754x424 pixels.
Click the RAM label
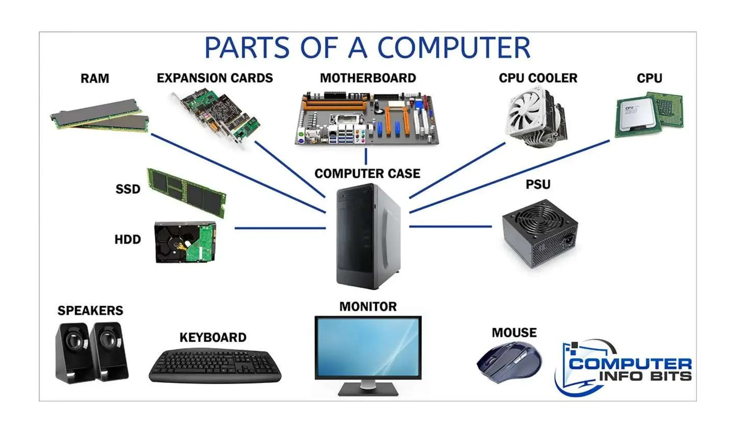click(x=95, y=78)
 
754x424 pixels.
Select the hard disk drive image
click(x=185, y=242)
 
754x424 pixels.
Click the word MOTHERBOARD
click(x=368, y=78)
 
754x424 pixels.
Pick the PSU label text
click(x=538, y=184)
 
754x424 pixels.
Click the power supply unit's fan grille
click(x=540, y=220)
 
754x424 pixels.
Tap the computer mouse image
click(x=509, y=362)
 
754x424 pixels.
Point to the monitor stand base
click(x=368, y=389)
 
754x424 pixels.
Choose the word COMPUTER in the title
click(x=454, y=48)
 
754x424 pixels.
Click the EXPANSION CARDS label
click(x=215, y=78)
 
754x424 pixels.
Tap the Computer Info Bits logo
click(x=623, y=368)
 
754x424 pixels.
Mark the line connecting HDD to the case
click(x=280, y=228)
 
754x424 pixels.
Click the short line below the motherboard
click(x=366, y=156)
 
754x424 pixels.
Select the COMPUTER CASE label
click(x=367, y=173)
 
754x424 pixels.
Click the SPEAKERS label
click(x=90, y=310)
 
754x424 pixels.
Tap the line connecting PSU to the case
click(x=450, y=226)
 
